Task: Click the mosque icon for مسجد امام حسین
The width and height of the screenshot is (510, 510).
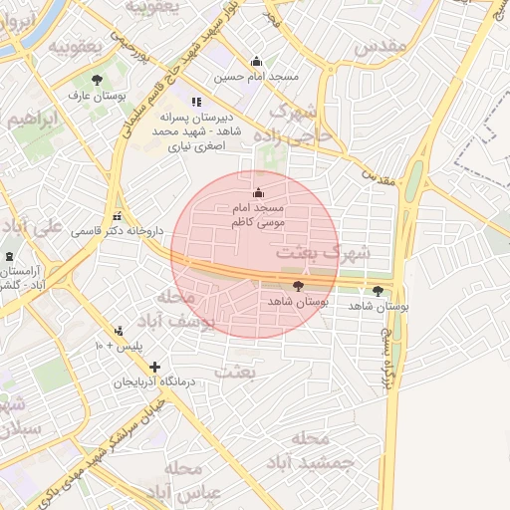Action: pyautogui.click(x=257, y=61)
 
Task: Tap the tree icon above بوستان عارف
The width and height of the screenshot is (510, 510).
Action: pyautogui.click(x=97, y=80)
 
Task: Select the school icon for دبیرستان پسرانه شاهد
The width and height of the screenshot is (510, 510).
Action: pyautogui.click(x=196, y=101)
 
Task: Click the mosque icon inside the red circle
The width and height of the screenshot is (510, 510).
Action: pyautogui.click(x=259, y=192)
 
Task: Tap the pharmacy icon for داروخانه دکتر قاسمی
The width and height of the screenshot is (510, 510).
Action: pyautogui.click(x=119, y=216)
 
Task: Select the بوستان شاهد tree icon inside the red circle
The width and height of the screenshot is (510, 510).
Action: pyautogui.click(x=298, y=286)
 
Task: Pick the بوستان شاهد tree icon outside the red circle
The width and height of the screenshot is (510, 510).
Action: pyautogui.click(x=378, y=291)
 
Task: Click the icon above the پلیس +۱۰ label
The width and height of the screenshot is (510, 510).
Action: pyautogui.click(x=120, y=331)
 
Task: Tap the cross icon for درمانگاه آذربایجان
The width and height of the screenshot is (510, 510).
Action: pyautogui.click(x=154, y=367)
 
